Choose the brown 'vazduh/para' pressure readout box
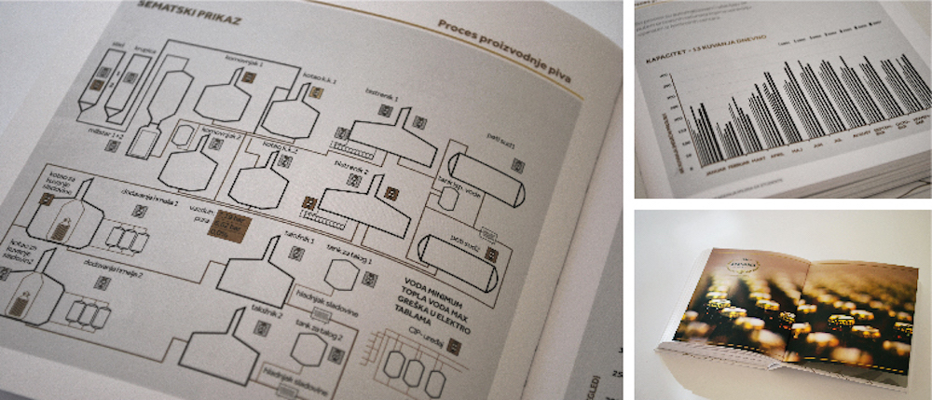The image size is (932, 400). [x=226, y=224]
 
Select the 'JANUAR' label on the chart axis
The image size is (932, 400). [x=706, y=173]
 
